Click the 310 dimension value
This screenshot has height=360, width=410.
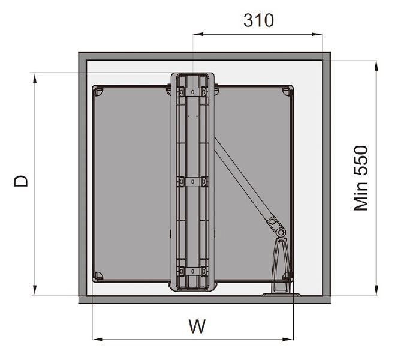click(258, 20)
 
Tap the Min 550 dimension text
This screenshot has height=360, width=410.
click(361, 178)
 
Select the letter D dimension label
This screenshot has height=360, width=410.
click(22, 181)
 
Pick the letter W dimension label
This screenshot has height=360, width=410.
click(197, 327)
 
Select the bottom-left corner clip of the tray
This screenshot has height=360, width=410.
click(98, 277)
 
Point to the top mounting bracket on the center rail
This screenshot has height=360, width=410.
click(192, 91)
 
